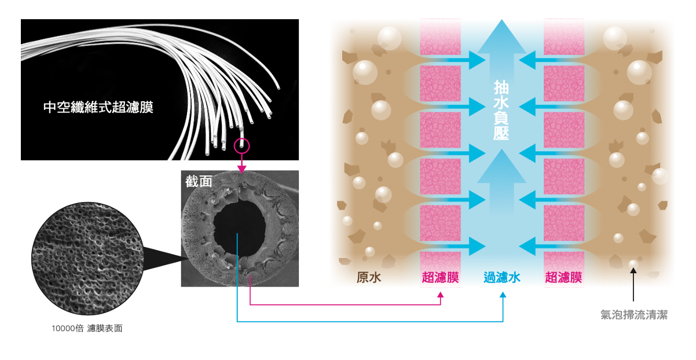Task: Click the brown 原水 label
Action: pos(369,278)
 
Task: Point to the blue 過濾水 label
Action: pos(502,278)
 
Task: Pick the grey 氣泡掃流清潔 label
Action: pos(634,315)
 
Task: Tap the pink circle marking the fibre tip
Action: pos(241,145)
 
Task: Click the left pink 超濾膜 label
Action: pos(441,278)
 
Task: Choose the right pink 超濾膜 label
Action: pos(563,278)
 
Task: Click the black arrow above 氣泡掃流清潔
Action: pos(634,286)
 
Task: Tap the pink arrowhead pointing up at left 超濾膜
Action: pos(441,295)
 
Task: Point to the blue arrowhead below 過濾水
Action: pos(503,295)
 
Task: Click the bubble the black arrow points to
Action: pos(634,265)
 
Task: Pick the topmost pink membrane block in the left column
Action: pos(440,36)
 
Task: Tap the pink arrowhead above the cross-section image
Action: pos(241,168)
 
